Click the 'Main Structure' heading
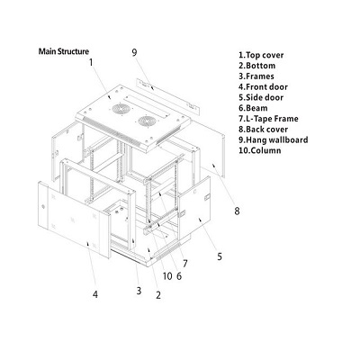64,51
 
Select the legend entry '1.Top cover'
261,55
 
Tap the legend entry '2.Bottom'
256,66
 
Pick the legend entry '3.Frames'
256,76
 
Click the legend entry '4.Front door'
263,87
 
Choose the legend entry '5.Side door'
261,97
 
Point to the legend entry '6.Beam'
253,108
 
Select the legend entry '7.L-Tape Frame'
268,119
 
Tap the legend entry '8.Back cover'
263,130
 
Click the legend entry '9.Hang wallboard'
274,140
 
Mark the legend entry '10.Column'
260,150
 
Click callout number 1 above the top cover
91,62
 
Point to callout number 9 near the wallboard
134,52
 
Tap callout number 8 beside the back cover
237,211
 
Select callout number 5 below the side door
220,256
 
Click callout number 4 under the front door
95,294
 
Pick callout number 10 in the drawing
167,276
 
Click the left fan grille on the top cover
121,109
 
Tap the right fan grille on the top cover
147,121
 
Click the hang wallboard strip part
167,96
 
